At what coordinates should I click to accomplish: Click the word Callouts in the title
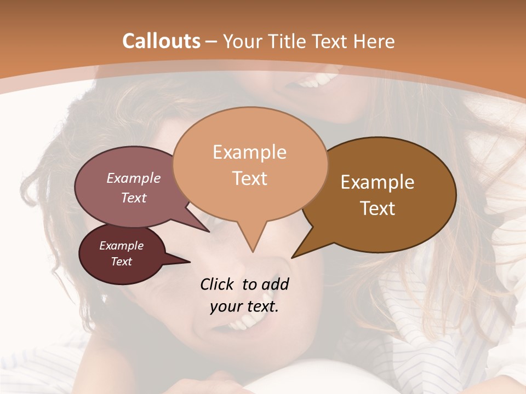161,41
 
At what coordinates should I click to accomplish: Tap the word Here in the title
374,41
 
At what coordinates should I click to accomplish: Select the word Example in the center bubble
249,152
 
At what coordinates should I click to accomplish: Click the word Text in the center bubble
249,178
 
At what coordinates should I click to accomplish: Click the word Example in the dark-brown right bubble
378,182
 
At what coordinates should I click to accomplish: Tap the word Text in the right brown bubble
378,208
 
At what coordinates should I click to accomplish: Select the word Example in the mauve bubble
133,178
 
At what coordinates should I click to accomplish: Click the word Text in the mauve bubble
133,198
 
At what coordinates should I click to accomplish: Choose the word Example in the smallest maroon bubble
121,246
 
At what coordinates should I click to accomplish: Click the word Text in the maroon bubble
121,262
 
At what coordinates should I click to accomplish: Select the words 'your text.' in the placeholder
244,306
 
